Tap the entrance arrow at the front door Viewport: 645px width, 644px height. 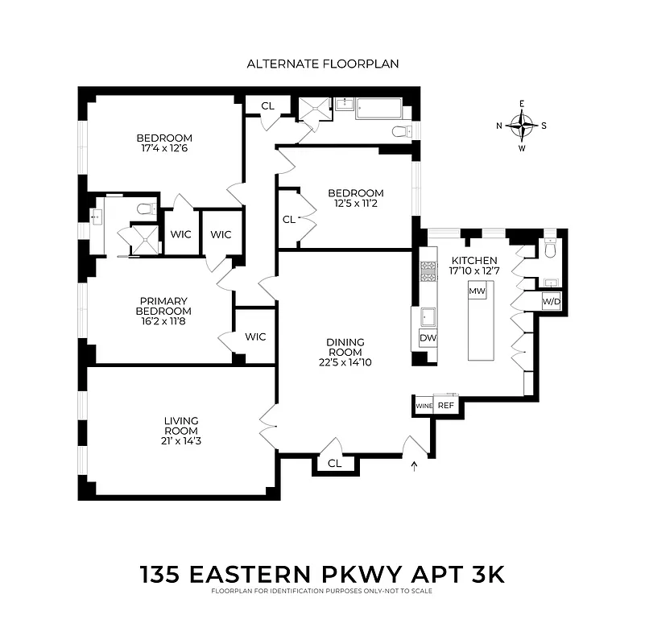[x=416, y=464]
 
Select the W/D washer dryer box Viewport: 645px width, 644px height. [x=552, y=302]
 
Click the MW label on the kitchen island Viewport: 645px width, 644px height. [x=478, y=291]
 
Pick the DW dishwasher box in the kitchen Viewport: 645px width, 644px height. [x=428, y=338]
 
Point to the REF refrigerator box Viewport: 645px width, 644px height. [x=446, y=406]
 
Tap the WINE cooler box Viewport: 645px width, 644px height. [x=424, y=406]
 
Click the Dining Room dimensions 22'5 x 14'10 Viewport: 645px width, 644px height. [x=345, y=362]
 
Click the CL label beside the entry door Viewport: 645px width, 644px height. [x=335, y=464]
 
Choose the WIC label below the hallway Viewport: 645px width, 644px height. [x=255, y=336]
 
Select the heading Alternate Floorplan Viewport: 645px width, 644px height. [x=322, y=64]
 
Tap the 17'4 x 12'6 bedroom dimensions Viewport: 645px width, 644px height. [x=163, y=148]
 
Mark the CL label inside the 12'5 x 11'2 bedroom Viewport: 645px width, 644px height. [x=288, y=219]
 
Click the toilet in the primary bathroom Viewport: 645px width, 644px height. [x=146, y=208]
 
